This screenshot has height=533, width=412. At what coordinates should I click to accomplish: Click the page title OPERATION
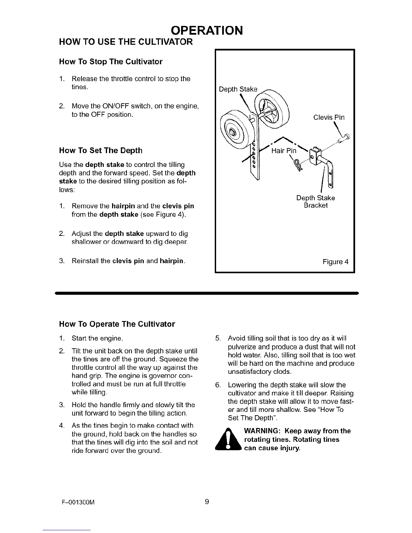point(207,30)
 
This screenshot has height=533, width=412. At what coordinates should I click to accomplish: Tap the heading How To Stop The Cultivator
point(110,62)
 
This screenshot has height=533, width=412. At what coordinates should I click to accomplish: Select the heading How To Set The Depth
point(100,150)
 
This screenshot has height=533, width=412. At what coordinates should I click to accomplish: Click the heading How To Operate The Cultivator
point(117,324)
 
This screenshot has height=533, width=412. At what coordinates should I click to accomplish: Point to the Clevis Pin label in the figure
point(329,117)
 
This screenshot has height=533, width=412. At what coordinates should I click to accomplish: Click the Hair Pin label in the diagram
point(284,151)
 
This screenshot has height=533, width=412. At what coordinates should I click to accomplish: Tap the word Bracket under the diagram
point(315,205)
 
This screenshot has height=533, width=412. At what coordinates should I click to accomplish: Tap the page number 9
point(207,502)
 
